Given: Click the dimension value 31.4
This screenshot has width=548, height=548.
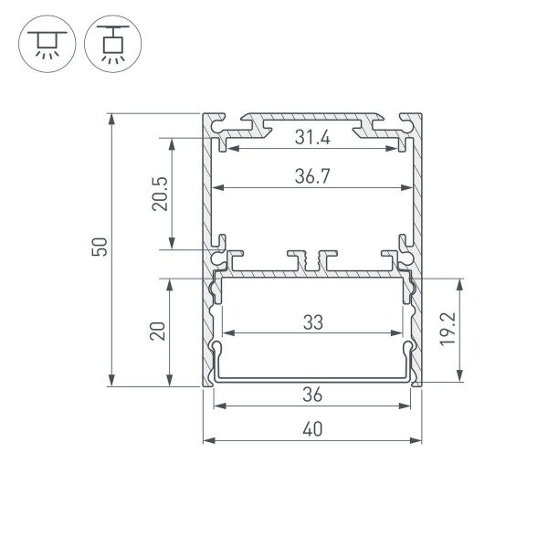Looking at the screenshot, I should pos(312,138).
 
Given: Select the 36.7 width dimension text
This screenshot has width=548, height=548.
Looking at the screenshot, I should pos(312,178).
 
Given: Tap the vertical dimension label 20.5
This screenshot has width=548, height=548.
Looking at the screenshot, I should pos(160,193).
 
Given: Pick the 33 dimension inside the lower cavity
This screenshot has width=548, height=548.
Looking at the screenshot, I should pos(312,321).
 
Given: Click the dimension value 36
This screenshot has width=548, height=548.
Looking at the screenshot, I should pos(312,395).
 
